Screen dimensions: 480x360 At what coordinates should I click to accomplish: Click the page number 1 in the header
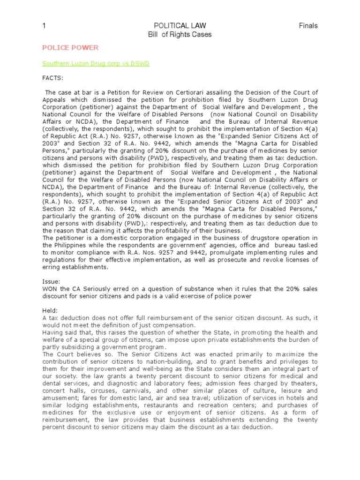pos(44,26)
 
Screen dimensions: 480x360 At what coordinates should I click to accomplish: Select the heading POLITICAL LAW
pos(180,26)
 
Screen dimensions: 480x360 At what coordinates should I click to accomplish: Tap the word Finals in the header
pos(308,26)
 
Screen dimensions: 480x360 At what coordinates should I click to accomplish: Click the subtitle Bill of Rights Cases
pos(180,34)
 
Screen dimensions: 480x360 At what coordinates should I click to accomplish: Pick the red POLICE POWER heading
pos(70,48)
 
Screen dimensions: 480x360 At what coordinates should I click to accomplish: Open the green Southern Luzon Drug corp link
pos(96,63)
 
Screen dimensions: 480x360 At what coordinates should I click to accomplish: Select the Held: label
pos(50,311)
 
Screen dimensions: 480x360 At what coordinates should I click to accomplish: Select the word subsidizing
pos(71,347)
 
